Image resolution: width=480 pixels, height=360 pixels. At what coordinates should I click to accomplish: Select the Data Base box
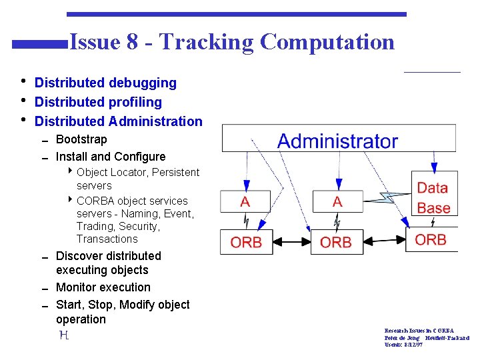[433, 198]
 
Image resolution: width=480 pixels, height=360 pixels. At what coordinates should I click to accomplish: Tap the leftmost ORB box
[247, 242]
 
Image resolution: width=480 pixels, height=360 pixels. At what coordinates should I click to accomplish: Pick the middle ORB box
[336, 242]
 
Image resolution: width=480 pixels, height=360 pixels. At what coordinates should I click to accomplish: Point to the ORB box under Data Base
[431, 239]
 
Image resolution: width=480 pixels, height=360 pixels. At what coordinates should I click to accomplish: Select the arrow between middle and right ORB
[385, 239]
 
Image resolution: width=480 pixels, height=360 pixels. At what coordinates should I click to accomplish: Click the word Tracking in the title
[207, 42]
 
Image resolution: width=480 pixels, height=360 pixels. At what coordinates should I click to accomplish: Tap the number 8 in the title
[132, 42]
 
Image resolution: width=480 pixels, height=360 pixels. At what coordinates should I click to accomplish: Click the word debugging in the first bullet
[142, 83]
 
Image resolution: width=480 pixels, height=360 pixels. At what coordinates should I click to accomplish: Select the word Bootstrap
[81, 139]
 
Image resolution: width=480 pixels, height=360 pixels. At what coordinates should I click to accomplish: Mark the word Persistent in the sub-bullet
[175, 172]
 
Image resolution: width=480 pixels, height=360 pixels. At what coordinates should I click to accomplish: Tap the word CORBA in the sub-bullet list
[95, 201]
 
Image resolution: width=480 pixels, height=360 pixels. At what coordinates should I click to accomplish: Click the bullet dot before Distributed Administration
[23, 121]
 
